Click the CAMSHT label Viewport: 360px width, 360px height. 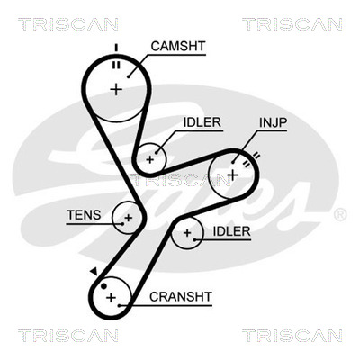[x=178, y=46]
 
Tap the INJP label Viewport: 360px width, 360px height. [x=274, y=122]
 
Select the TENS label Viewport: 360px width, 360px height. [x=84, y=215]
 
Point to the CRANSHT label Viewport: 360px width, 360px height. [x=181, y=297]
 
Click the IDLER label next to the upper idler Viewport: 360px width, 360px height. [x=202, y=122]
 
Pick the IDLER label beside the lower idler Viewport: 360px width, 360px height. [x=231, y=231]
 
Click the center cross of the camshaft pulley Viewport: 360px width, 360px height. [x=116, y=89]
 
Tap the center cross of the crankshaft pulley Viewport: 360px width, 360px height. [x=111, y=298]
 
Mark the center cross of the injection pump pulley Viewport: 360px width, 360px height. [x=232, y=175]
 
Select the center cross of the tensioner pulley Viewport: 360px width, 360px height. [x=129, y=218]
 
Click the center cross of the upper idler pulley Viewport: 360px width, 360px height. [x=149, y=159]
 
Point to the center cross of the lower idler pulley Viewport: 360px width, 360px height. [x=187, y=233]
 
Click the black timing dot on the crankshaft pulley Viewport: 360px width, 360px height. [x=103, y=286]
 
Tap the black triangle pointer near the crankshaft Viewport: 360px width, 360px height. [x=94, y=271]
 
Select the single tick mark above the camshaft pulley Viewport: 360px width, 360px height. [x=116, y=48]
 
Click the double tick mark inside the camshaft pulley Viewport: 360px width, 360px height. [x=116, y=65]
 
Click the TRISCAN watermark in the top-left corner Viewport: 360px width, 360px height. [x=68, y=24]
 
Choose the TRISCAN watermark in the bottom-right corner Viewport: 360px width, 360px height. [x=292, y=336]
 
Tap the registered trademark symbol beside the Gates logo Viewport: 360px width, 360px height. [x=340, y=215]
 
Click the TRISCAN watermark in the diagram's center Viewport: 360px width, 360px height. [x=180, y=180]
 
